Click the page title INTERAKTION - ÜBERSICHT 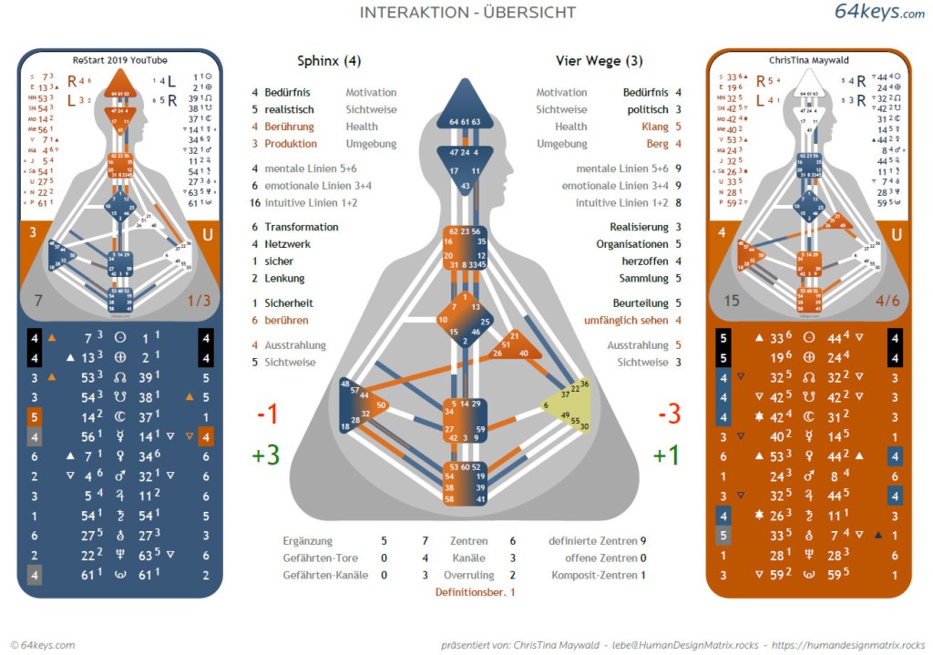[x=467, y=13]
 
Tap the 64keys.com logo [x=879, y=12]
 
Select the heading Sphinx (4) [x=329, y=62]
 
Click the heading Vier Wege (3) [x=600, y=62]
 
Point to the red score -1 [x=267, y=414]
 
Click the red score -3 [x=669, y=414]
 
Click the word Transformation [x=301, y=227]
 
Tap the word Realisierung [x=639, y=227]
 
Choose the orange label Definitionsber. [x=471, y=592]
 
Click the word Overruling [x=468, y=575]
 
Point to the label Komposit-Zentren [x=592, y=575]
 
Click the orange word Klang [x=653, y=127]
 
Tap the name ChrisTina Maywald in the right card [x=808, y=61]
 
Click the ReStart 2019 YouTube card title [x=119, y=61]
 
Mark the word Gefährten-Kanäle [x=320, y=575]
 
